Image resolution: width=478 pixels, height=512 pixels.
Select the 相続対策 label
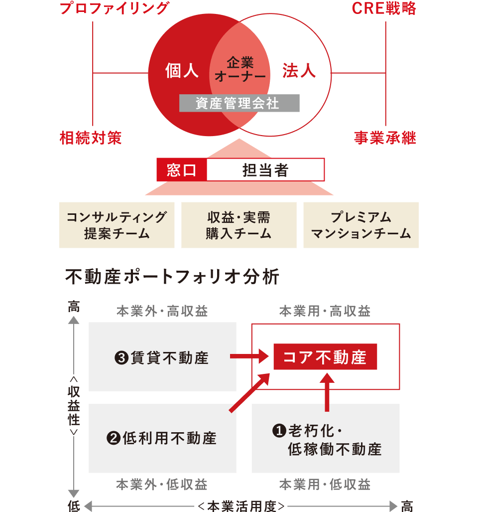click(91, 138)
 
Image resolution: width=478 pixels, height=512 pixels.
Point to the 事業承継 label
click(385, 138)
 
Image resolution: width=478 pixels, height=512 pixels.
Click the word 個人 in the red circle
click(182, 71)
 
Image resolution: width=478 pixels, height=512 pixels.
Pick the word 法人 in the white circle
click(299, 71)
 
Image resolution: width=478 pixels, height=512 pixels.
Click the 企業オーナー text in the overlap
click(240, 69)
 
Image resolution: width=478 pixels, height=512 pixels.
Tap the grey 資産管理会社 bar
click(239, 103)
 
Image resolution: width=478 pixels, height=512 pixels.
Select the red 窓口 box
click(182, 170)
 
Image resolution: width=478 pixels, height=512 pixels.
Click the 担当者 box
click(265, 170)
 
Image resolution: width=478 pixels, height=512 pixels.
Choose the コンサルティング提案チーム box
click(117, 225)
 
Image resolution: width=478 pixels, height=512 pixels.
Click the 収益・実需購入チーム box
click(239, 225)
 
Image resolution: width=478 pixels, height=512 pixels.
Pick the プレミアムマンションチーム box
click(361, 225)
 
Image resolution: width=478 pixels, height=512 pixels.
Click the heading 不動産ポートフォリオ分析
click(172, 277)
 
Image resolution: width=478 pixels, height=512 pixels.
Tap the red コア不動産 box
click(325, 357)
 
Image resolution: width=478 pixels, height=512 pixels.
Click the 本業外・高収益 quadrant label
click(162, 312)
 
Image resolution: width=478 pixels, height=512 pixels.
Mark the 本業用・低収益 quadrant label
click(325, 484)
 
